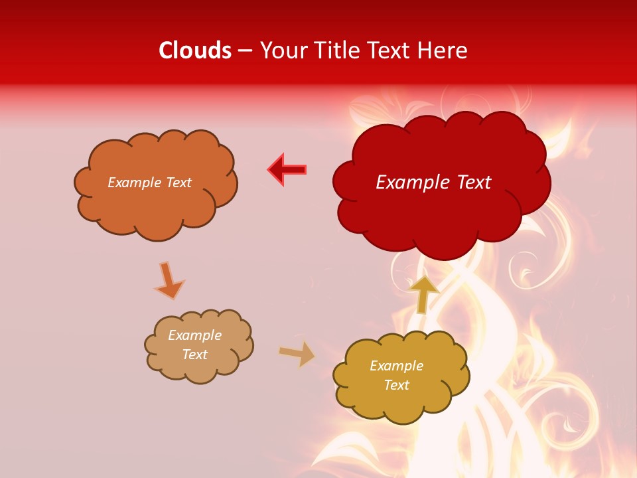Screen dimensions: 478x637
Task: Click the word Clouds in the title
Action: click(195, 50)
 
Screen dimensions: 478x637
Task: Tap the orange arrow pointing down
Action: click(169, 279)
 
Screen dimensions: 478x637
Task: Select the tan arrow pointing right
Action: click(297, 354)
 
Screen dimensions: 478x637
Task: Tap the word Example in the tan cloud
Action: click(195, 335)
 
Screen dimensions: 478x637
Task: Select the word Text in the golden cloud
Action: click(397, 385)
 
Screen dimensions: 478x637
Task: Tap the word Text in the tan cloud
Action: click(195, 355)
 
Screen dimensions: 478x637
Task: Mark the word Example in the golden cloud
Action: click(397, 366)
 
